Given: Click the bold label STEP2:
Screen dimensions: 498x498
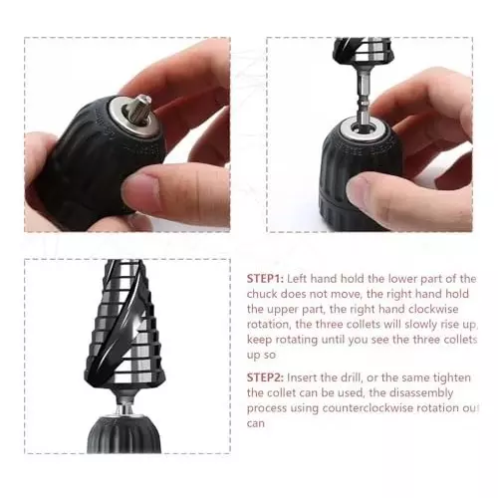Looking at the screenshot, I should pyautogui.click(x=266, y=377).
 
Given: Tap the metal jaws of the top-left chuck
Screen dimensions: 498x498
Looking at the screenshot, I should pyautogui.click(x=138, y=104).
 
